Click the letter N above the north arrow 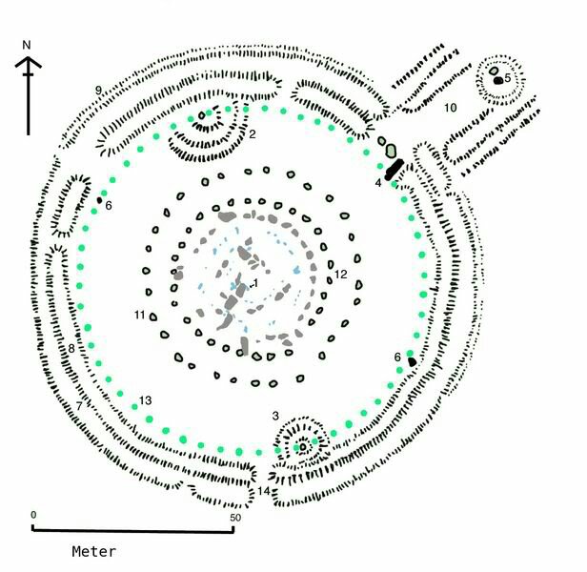tap(28, 45)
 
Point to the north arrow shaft tap(29, 100)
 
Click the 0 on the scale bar tap(33, 516)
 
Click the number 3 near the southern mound tap(274, 415)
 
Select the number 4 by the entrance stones tap(378, 181)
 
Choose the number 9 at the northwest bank tap(98, 90)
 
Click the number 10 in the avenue tap(451, 107)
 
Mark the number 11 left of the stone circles tap(139, 315)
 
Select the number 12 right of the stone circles tap(340, 276)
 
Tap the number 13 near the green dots tap(146, 399)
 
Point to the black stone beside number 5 tap(497, 80)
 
